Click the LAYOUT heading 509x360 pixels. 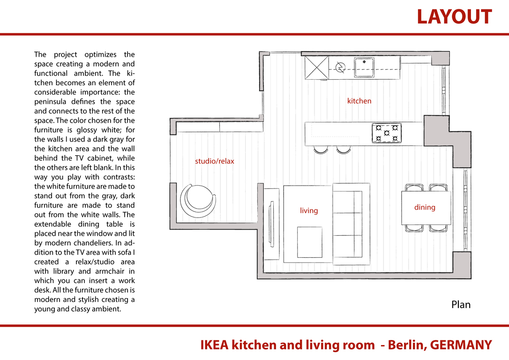click(x=454, y=17)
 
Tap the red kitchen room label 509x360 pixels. click(x=359, y=101)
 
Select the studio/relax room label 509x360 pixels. click(x=214, y=161)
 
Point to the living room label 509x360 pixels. click(x=309, y=210)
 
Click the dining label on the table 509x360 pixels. click(x=425, y=208)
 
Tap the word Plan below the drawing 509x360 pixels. click(x=461, y=305)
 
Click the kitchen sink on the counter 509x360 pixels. click(x=364, y=67)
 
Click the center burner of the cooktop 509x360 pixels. click(x=387, y=133)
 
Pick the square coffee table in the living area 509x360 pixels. click(x=310, y=242)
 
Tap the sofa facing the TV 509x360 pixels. click(x=351, y=224)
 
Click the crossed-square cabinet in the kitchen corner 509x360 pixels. click(x=316, y=67)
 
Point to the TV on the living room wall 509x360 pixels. click(x=271, y=224)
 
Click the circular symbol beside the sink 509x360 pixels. click(x=340, y=67)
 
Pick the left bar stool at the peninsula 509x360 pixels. click(x=321, y=150)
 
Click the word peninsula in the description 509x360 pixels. click(x=50, y=102)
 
